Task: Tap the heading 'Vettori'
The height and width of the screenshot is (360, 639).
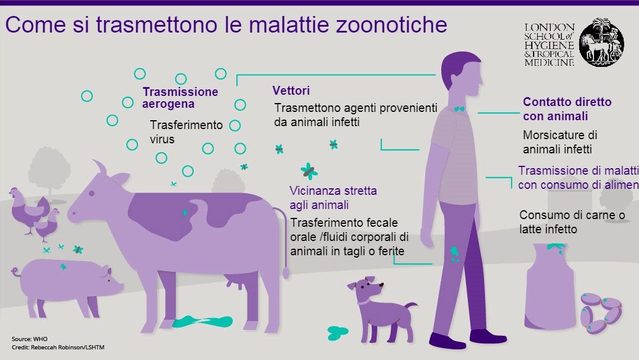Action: (x=291, y=91)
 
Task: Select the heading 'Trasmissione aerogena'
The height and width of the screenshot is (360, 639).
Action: (x=179, y=98)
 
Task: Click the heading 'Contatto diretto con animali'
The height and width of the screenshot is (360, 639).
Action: (x=567, y=109)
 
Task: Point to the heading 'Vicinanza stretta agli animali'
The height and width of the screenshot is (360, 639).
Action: (x=333, y=198)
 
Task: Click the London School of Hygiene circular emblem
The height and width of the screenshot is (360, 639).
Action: (x=601, y=43)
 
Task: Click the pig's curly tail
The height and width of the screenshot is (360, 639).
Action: (x=15, y=272)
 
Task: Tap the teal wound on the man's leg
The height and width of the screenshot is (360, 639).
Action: (x=455, y=254)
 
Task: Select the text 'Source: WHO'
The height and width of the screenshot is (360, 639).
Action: (x=28, y=339)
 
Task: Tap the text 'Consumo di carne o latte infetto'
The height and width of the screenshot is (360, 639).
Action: (x=571, y=221)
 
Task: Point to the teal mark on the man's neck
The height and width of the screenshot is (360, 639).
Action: (x=459, y=109)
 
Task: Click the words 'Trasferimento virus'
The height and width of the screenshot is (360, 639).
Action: (x=186, y=132)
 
